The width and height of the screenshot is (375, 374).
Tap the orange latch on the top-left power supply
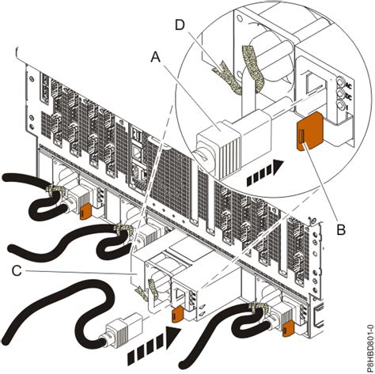point(83,210)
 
